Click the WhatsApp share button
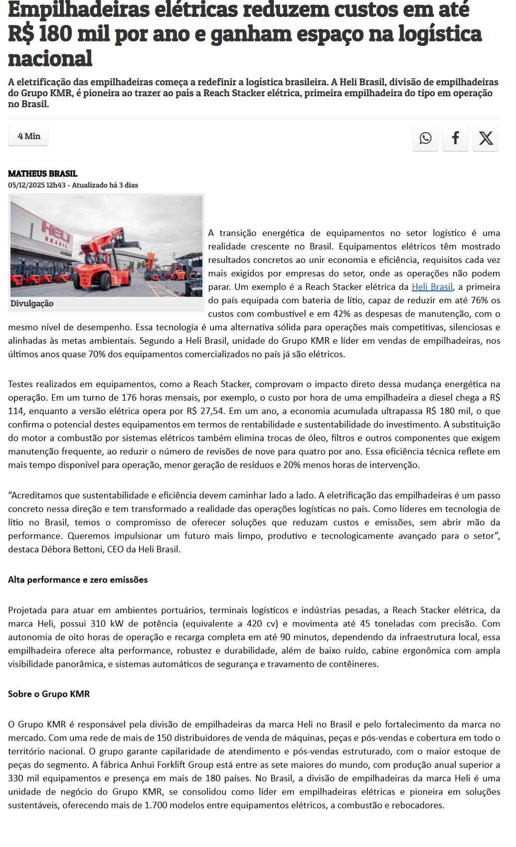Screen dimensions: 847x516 coord(425,138)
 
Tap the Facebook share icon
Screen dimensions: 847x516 coord(455,138)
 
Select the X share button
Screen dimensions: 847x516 coord(486,138)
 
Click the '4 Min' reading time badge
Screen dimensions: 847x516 coord(29,136)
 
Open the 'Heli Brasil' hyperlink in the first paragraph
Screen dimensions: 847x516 coord(432,287)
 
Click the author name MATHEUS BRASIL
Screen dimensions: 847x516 coord(42,174)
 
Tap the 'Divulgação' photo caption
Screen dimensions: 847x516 coord(32,303)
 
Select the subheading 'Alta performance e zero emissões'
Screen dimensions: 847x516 coord(78,580)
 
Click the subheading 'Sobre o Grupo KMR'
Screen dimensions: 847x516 coord(49,694)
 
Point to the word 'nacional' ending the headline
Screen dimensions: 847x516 coord(50,58)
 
